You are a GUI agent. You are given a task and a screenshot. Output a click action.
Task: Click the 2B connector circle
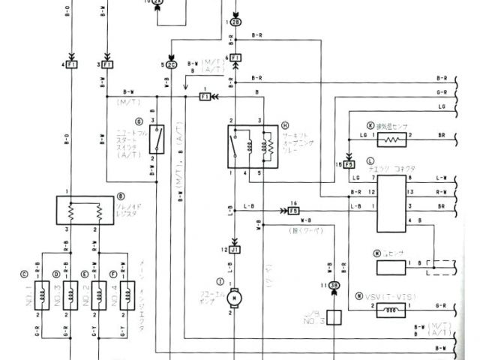point(236,22)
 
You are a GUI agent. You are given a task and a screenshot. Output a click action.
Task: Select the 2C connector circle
point(172,65)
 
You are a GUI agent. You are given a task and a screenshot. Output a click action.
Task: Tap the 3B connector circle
point(335,286)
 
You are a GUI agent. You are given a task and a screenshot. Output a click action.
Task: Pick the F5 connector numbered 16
point(294,211)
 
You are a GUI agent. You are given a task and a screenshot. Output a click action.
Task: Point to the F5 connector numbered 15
point(349,164)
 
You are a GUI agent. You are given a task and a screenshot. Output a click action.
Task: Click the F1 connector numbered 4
point(71,65)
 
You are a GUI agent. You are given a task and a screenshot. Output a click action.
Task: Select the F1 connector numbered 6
point(235,58)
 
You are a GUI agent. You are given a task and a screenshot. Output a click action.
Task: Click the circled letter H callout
point(285,125)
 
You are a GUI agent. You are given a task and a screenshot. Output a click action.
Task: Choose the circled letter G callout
point(138,121)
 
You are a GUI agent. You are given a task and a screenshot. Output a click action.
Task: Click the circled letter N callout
point(360,295)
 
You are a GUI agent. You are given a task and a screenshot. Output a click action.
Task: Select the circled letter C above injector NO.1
point(25,274)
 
